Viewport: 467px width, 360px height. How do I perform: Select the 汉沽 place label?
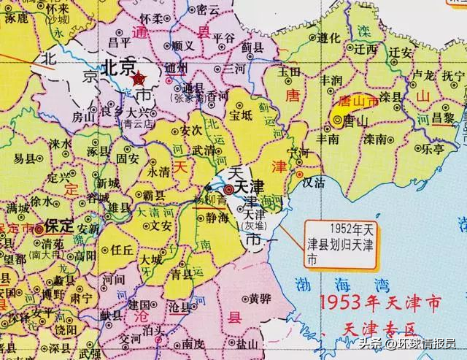point(313,183)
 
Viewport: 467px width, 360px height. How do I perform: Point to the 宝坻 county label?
point(240,115)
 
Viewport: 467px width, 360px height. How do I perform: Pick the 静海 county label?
point(217,216)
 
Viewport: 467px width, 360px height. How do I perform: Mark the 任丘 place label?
point(120,248)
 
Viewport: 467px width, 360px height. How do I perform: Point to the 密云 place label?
point(209,9)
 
